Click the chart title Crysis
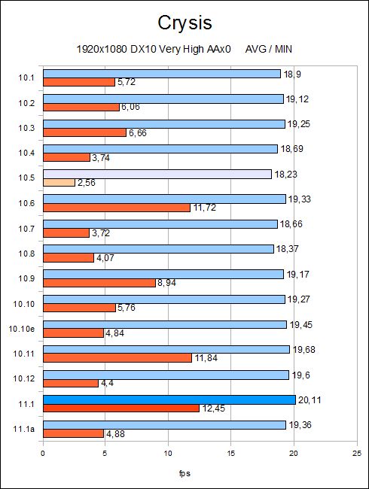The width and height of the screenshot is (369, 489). pyautogui.click(x=184, y=23)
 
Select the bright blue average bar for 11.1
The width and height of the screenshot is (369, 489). pyautogui.click(x=169, y=399)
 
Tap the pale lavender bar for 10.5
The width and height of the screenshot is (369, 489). pyautogui.click(x=157, y=175)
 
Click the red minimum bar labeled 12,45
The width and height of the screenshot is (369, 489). pyautogui.click(x=121, y=409)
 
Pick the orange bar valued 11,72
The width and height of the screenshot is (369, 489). pyautogui.click(x=117, y=208)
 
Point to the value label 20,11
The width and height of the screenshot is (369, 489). pyautogui.click(x=310, y=399)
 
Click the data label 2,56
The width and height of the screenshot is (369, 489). pyautogui.click(x=87, y=183)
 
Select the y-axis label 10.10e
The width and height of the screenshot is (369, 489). pyautogui.click(x=22, y=329)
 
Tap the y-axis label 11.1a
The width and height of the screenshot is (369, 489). pyautogui.click(x=24, y=429)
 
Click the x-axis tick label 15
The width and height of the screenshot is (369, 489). pyautogui.click(x=231, y=453)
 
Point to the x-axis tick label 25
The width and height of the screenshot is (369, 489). pyautogui.click(x=357, y=453)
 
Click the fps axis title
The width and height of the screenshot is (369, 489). pyautogui.click(x=184, y=473)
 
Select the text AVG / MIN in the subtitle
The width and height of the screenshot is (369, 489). pyautogui.click(x=269, y=49)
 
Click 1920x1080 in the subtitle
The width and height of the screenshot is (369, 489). pyautogui.click(x=102, y=49)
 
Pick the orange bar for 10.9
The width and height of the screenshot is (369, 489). pyautogui.click(x=99, y=283)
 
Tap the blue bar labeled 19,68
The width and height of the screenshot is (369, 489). pyautogui.click(x=166, y=349)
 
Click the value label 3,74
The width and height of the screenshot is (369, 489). pyautogui.click(x=101, y=158)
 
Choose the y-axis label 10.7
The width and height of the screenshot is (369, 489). pyautogui.click(x=26, y=229)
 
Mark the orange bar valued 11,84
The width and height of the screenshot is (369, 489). pyautogui.click(x=117, y=358)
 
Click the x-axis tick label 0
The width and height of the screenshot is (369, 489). pyautogui.click(x=43, y=453)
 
